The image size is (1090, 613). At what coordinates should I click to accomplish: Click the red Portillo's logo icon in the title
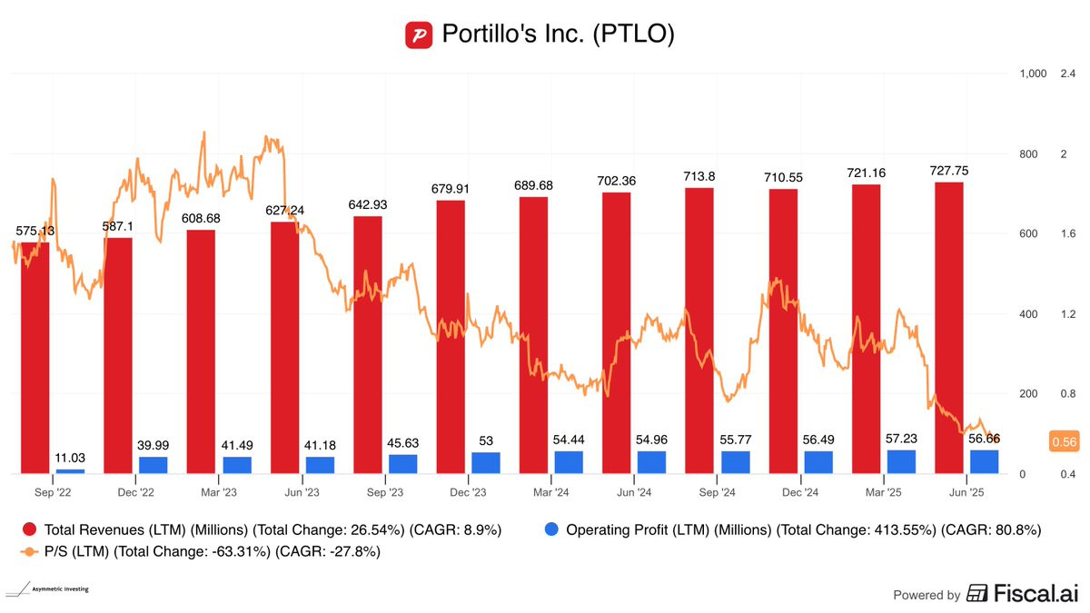pyautogui.click(x=419, y=35)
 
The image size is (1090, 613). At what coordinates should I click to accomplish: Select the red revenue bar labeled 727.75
pyautogui.click(x=949, y=327)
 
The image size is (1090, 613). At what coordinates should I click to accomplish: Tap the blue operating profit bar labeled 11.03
pyautogui.click(x=70, y=470)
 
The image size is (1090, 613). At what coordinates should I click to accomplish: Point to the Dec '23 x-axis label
pyautogui.click(x=466, y=492)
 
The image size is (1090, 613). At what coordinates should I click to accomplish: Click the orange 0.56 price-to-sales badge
pyautogui.click(x=1063, y=441)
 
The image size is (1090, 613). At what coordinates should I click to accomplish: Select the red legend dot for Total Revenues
pyautogui.click(x=30, y=529)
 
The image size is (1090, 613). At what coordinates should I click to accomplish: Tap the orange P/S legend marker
pyautogui.click(x=30, y=551)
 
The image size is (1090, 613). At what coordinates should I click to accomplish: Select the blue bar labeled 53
pyautogui.click(x=486, y=463)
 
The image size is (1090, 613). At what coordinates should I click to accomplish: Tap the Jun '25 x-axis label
pyautogui.click(x=966, y=492)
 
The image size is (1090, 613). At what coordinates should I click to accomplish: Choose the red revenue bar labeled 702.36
pyautogui.click(x=617, y=332)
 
